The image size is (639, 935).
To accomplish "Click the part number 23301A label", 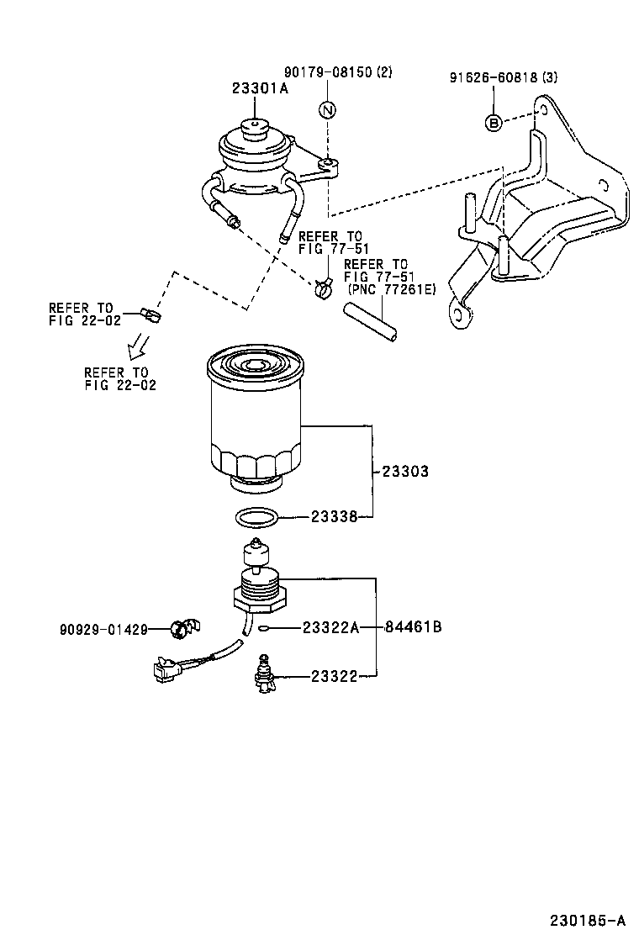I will [260, 88].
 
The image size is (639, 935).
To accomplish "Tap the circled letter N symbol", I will [327, 110].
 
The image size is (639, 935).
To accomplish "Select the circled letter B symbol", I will [494, 123].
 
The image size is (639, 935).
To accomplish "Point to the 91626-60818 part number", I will [492, 78].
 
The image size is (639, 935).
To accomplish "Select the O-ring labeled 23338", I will [254, 519].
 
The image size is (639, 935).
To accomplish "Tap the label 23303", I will [405, 472].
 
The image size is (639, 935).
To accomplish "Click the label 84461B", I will [414, 627].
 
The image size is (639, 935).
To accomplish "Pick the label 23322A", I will [330, 627].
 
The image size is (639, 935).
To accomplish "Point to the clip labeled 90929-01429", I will [181, 626].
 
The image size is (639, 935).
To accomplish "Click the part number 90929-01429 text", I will [103, 629].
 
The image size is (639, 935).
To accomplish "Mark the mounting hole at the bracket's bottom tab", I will [461, 314].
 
